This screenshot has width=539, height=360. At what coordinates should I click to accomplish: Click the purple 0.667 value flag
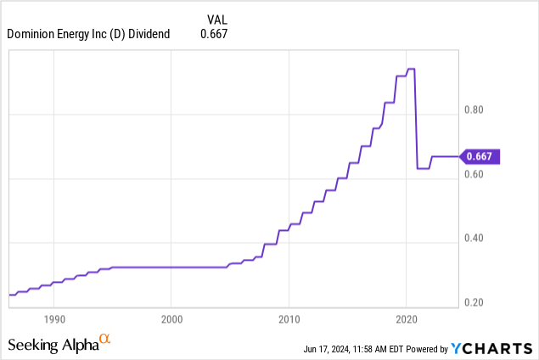coord(481,156)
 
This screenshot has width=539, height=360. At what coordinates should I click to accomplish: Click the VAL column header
coord(217,18)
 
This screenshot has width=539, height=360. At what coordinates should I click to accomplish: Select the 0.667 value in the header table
coord(214,34)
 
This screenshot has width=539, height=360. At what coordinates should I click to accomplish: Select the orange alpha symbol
coord(105,340)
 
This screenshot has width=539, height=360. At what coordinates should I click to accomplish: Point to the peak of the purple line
coord(411,69)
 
